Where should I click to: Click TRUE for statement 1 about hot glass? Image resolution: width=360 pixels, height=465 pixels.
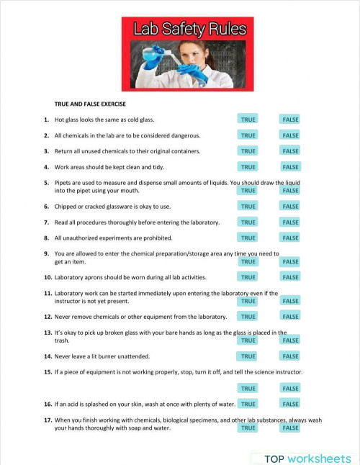point(248,119)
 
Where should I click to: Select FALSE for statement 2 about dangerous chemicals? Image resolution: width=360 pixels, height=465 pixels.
point(290,135)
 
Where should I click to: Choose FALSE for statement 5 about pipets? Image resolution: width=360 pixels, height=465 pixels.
point(290,191)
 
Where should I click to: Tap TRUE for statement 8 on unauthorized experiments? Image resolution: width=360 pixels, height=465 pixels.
point(248,238)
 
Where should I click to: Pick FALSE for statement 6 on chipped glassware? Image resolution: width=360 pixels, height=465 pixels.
point(290,207)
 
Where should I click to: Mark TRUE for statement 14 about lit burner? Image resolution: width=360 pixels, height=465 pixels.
point(248,356)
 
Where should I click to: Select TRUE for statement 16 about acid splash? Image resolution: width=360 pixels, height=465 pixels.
point(248,405)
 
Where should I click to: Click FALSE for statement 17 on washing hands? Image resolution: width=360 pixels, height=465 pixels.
point(290,428)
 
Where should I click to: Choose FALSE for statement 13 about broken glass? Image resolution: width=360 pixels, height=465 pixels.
point(290,340)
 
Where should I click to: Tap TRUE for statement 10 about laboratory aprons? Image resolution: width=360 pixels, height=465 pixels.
point(248,277)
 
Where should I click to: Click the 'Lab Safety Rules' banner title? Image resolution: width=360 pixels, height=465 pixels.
point(189,30)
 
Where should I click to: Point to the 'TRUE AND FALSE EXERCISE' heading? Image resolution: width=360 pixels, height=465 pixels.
point(90,104)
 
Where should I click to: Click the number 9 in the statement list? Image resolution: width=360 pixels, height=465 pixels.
point(46,253)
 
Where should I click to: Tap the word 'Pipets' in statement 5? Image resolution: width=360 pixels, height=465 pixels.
point(63,183)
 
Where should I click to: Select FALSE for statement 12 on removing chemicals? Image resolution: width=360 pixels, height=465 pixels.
point(290,317)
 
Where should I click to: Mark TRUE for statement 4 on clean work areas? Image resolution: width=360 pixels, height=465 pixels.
point(248,167)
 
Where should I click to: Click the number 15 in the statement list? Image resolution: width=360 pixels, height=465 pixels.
point(48,372)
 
